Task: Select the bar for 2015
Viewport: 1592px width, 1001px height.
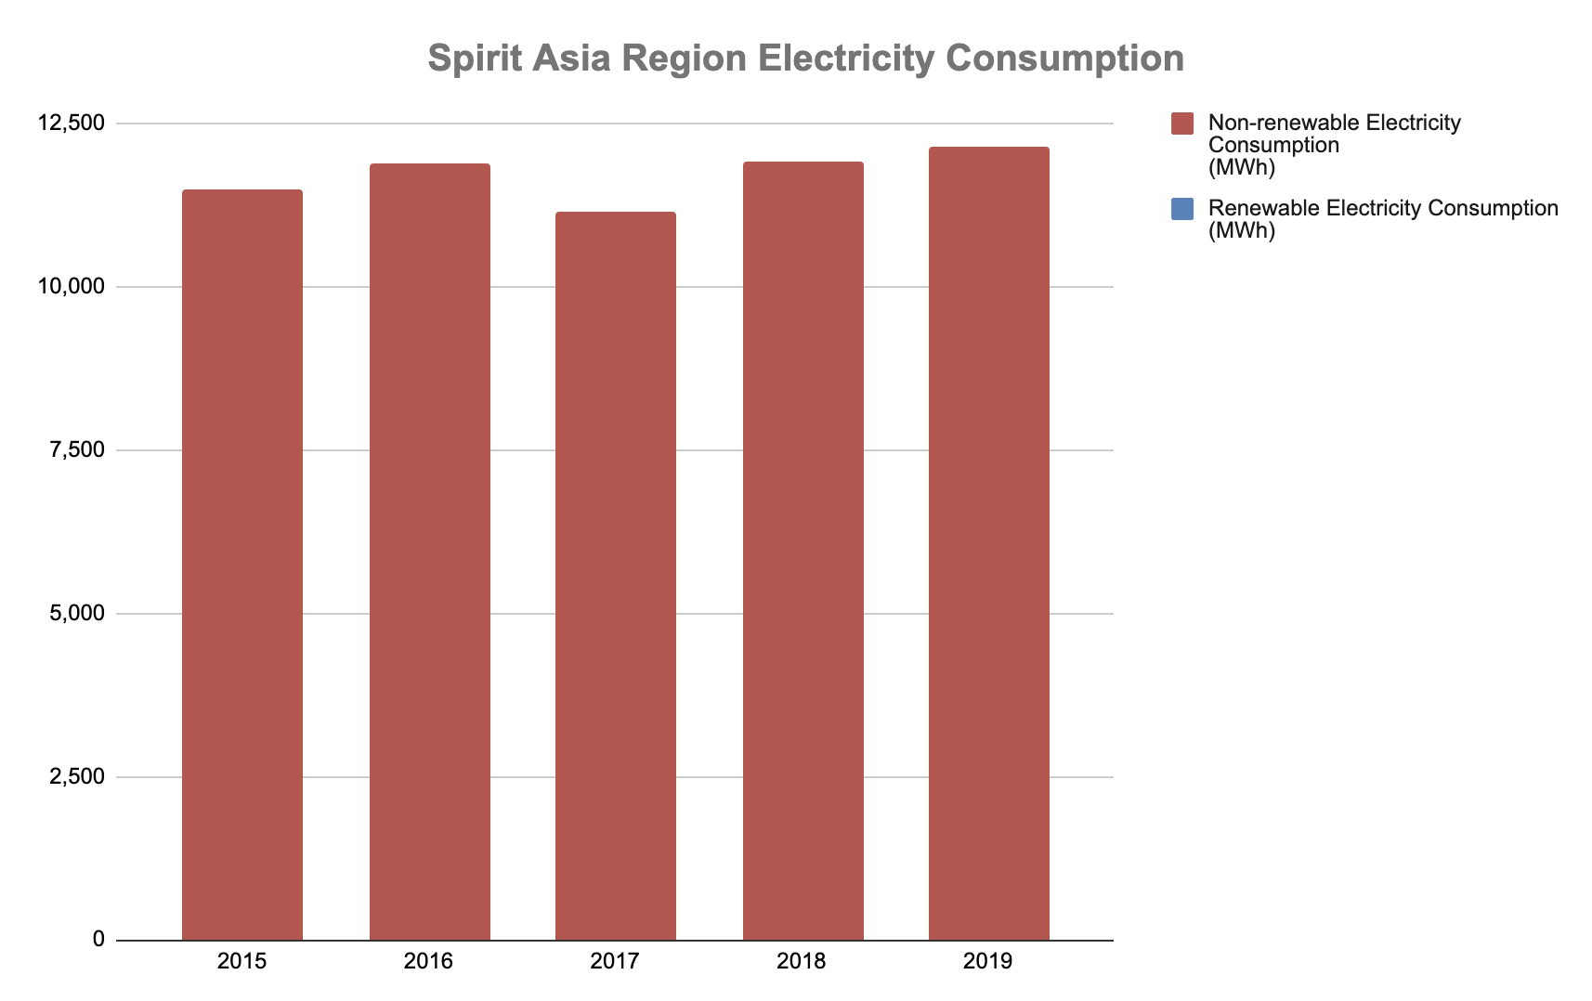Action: [x=242, y=565]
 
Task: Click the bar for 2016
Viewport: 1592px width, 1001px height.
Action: [x=429, y=552]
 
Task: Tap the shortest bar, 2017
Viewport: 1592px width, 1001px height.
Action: [x=616, y=576]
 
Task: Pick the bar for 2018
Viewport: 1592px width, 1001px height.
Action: [x=803, y=551]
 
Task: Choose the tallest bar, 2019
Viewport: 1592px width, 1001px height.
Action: [x=989, y=543]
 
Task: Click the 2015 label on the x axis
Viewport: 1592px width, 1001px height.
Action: [x=242, y=961]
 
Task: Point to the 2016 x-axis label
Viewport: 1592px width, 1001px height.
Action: [x=429, y=961]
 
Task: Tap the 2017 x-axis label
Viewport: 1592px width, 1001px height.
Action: [x=616, y=961]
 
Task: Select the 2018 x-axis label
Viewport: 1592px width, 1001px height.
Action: [x=802, y=961]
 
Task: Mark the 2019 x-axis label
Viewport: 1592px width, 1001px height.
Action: [x=988, y=961]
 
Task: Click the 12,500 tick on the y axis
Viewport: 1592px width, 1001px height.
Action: [x=72, y=123]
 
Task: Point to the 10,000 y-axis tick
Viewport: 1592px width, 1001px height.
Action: [x=72, y=287]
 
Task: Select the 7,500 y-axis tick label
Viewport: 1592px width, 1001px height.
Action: [x=78, y=450]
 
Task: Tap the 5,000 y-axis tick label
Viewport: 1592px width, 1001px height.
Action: [x=78, y=614]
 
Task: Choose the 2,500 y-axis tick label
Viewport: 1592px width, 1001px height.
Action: [x=78, y=777]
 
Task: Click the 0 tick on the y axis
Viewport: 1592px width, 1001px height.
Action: [x=98, y=940]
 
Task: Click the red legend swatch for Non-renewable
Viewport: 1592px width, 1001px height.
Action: [x=1182, y=123]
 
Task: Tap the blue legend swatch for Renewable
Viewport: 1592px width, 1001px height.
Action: [x=1182, y=209]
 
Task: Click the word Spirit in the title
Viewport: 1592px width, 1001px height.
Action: [x=473, y=58]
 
